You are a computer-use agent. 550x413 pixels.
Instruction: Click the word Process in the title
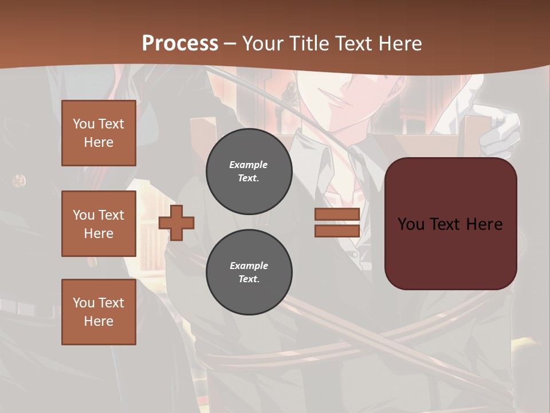click(x=180, y=43)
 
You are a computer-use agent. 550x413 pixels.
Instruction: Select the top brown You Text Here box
click(x=99, y=133)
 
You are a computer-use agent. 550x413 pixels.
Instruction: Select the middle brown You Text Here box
click(x=99, y=224)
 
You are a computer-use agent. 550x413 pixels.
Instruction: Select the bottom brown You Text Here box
click(x=99, y=312)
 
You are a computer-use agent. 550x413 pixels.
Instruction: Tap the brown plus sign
click(x=176, y=223)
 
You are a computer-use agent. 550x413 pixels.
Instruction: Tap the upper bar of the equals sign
click(x=337, y=215)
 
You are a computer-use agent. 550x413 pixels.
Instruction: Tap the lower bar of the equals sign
click(x=337, y=231)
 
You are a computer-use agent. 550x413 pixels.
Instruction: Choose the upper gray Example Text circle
click(x=249, y=172)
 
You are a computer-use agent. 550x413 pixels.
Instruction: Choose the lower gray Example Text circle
click(x=249, y=272)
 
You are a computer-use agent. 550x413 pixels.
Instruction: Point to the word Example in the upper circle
click(x=249, y=165)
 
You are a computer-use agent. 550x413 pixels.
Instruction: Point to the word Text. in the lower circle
click(x=249, y=279)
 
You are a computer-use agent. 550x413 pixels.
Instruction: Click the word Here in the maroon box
click(x=484, y=224)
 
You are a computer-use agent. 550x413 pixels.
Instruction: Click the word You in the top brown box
click(x=84, y=124)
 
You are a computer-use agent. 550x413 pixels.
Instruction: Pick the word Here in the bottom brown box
click(x=99, y=321)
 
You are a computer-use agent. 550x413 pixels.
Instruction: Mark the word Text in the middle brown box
click(x=111, y=215)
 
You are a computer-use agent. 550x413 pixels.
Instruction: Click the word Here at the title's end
click(x=399, y=43)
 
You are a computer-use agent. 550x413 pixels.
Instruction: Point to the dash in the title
click(x=230, y=44)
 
